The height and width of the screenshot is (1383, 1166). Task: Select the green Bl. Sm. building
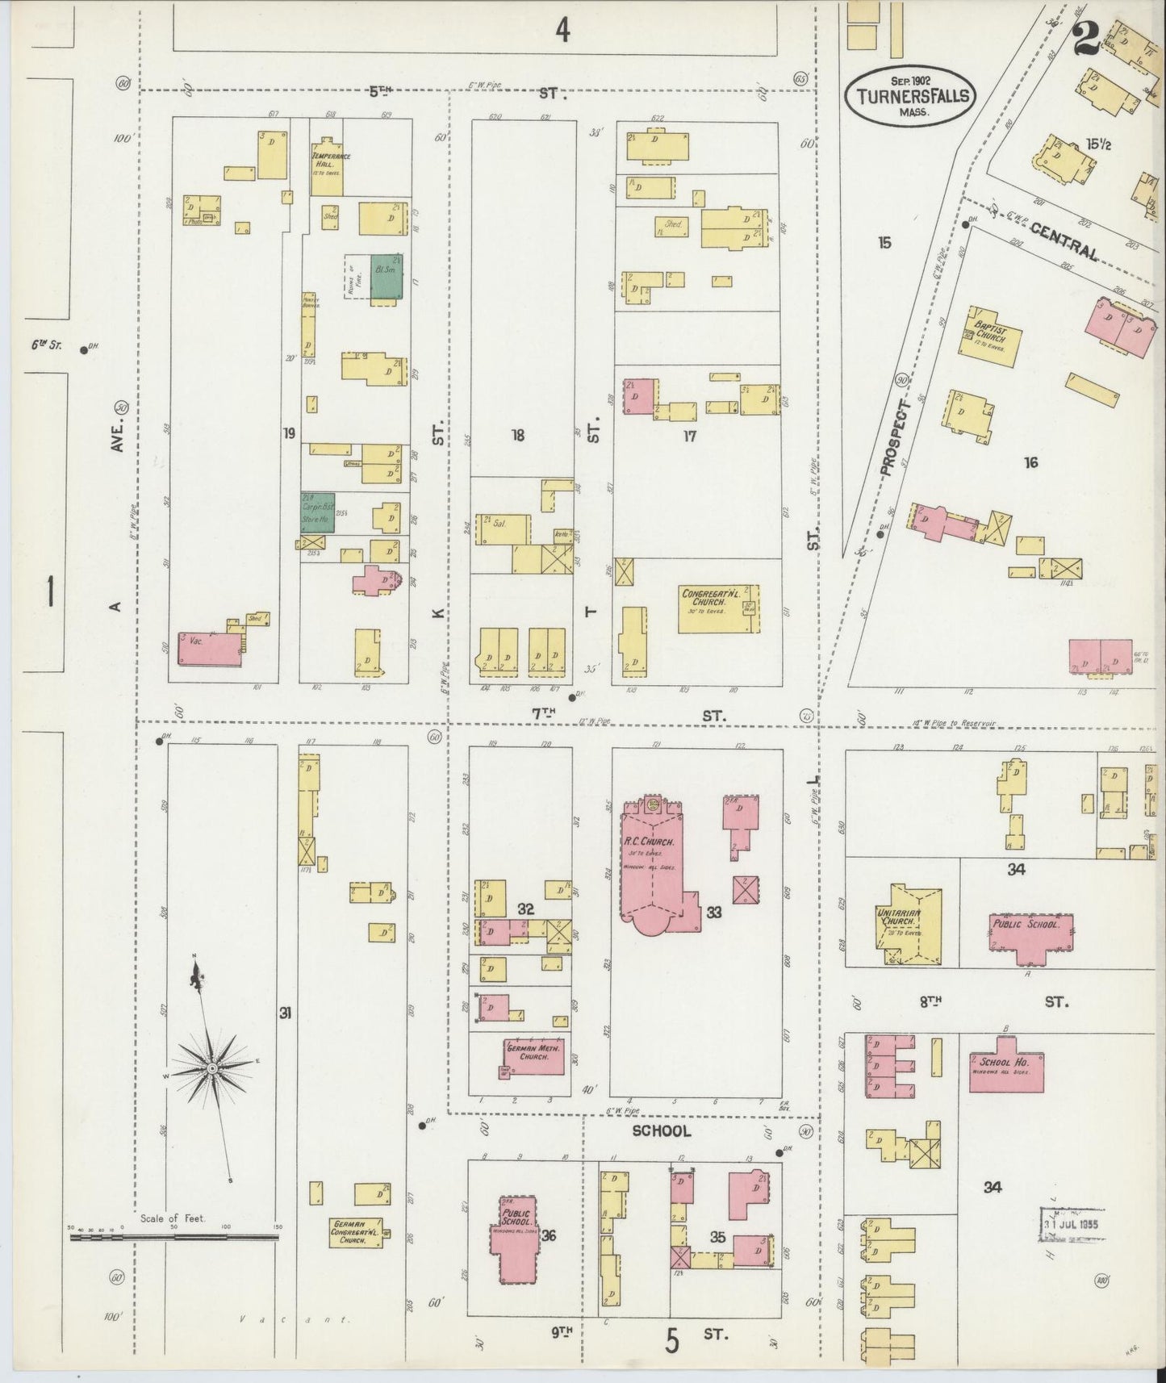(x=387, y=277)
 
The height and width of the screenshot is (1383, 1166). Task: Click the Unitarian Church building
(x=910, y=925)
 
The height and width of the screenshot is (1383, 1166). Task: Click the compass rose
(x=211, y=1067)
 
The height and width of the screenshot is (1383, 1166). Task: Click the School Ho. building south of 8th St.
(x=1006, y=1070)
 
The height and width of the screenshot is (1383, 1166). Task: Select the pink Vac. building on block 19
(x=210, y=649)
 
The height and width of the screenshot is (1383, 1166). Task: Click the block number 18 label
(x=518, y=435)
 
